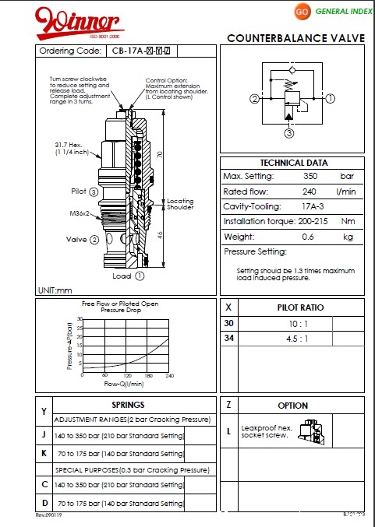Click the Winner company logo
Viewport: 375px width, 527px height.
point(77,22)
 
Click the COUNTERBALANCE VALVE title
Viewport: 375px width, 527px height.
point(296,38)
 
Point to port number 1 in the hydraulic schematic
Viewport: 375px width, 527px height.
point(330,99)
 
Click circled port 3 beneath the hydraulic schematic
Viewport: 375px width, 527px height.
point(288,133)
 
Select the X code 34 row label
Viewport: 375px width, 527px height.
point(228,338)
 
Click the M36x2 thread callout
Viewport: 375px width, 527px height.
point(79,213)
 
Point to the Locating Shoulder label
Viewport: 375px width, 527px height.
point(180,204)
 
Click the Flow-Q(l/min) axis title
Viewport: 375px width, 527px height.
point(124,384)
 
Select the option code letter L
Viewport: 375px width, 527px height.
point(228,430)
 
